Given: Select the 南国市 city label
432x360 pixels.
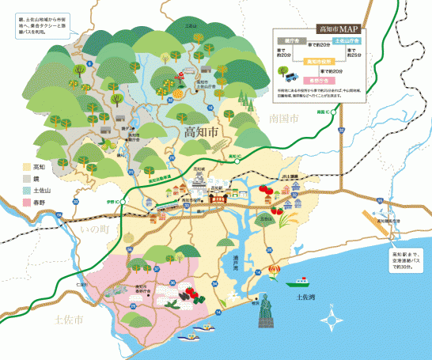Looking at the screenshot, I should click(282, 119).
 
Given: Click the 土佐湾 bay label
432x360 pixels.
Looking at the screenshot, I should click(305, 297).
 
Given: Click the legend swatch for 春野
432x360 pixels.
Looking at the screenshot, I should click(26, 203).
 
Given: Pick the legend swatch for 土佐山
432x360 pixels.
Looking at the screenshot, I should click(26, 191).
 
